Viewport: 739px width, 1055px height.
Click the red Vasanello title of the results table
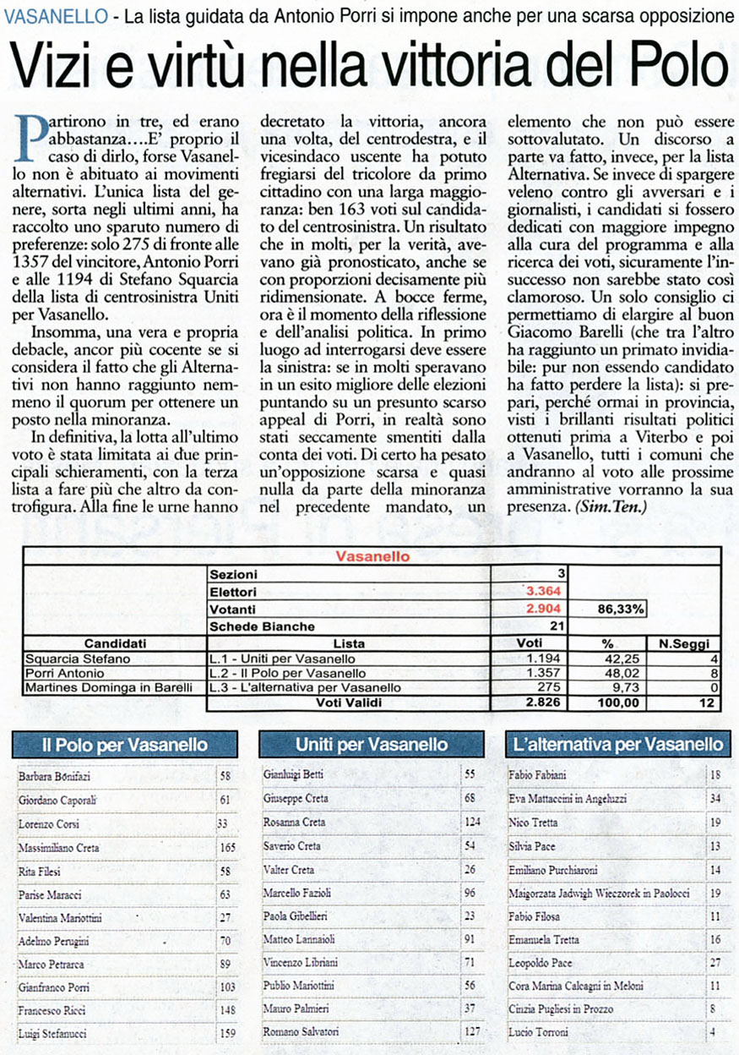point(372,557)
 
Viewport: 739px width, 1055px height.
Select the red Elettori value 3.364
point(544,591)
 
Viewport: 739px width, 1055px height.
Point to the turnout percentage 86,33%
point(621,608)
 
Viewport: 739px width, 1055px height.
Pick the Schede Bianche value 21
point(557,626)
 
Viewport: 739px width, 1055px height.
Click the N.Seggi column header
point(684,643)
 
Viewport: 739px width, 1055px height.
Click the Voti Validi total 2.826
point(544,702)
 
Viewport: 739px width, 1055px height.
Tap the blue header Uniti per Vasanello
point(372,745)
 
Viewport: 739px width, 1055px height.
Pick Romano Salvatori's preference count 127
point(471,1032)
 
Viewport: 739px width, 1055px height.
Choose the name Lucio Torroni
point(538,1032)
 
